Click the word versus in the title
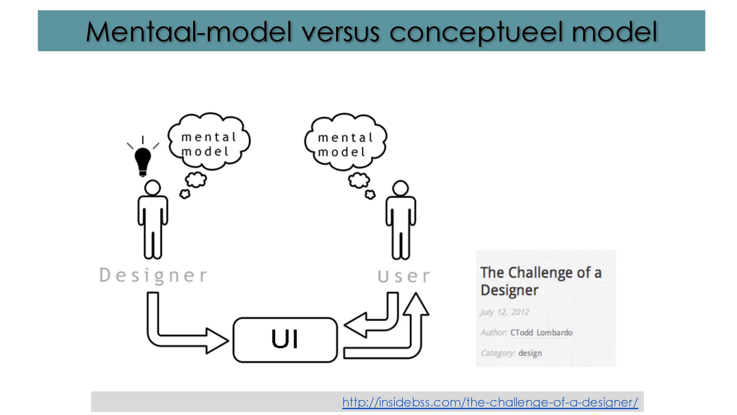point(341,32)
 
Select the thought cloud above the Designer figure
point(209,142)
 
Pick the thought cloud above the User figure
point(345,142)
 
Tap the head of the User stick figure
point(400,189)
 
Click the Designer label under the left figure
point(153,275)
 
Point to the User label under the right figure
point(404,276)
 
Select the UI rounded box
point(285,340)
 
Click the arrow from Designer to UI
point(177,336)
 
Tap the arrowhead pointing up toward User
point(416,304)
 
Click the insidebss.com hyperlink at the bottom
point(490,402)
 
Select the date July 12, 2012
point(505,312)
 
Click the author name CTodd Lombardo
point(541,333)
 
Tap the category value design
point(530,353)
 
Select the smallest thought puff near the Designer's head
point(185,194)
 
